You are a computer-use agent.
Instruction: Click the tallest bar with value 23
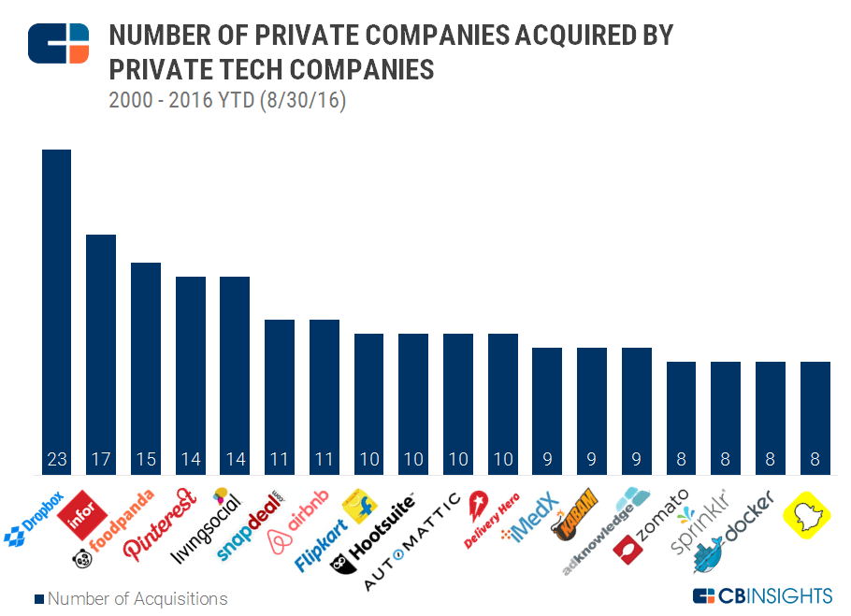56,308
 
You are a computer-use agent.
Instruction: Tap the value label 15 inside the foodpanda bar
145,460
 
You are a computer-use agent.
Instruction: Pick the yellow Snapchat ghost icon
813,514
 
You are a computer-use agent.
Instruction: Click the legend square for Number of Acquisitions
39,598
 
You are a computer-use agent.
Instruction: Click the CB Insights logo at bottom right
761,595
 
